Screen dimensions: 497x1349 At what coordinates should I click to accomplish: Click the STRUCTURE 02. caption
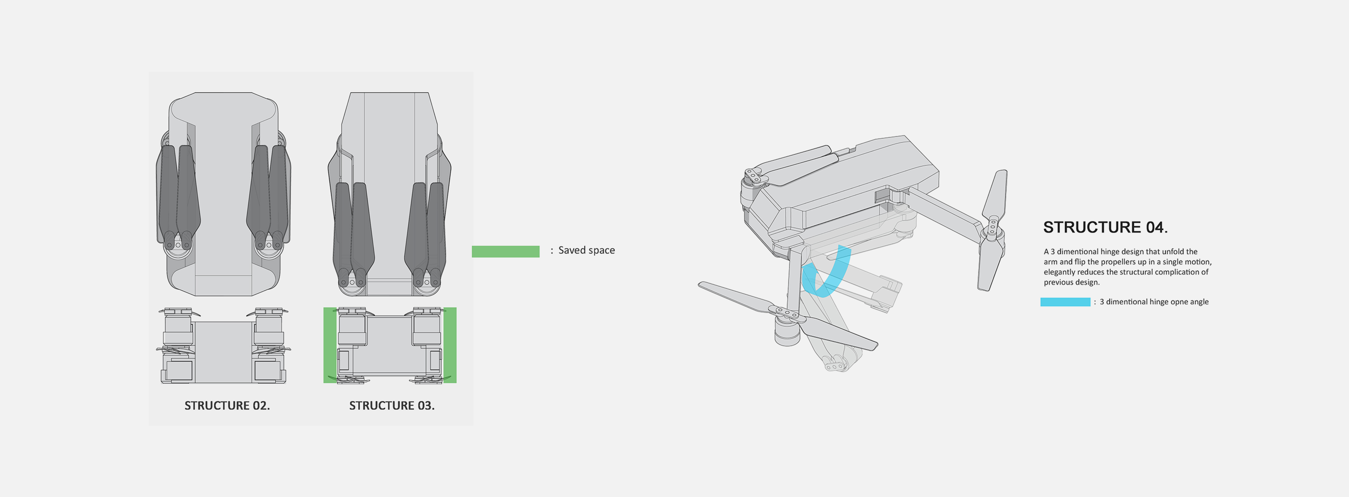coord(227,405)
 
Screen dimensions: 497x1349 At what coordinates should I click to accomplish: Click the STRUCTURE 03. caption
coord(392,405)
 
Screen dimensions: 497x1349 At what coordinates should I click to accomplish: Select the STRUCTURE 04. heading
coord(1105,227)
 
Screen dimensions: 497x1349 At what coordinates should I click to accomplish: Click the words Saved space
coord(586,250)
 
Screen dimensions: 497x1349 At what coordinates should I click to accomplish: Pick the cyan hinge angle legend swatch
coord(1065,302)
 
